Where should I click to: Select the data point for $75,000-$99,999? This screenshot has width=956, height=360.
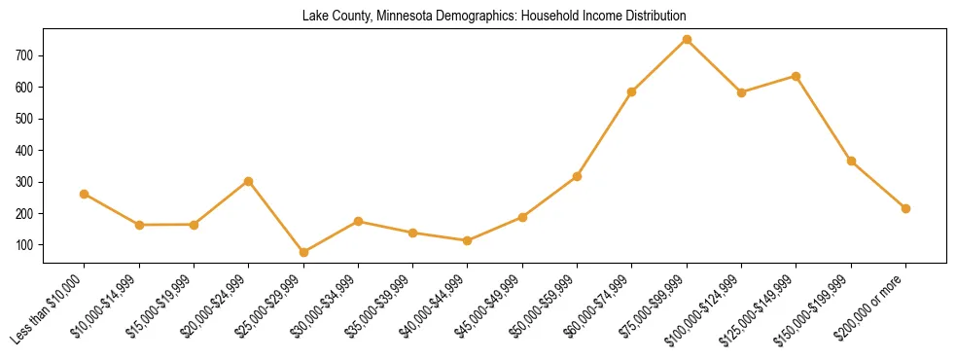coord(687,39)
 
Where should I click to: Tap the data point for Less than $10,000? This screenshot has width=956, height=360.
coord(85,194)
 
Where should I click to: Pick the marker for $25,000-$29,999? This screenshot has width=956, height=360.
coord(303,252)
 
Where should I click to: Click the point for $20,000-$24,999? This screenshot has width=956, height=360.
coord(249,181)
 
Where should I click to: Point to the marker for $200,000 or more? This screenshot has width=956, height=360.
coord(905,208)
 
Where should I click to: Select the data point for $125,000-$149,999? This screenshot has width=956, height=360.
coord(797,76)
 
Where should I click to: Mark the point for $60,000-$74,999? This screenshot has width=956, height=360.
coord(632,91)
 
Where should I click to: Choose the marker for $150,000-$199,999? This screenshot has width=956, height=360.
coord(851,161)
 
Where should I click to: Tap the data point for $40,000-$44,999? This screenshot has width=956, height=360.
coord(468,240)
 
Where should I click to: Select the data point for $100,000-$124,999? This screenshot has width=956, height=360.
coord(741,92)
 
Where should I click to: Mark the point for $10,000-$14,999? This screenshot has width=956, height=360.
coord(139,225)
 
